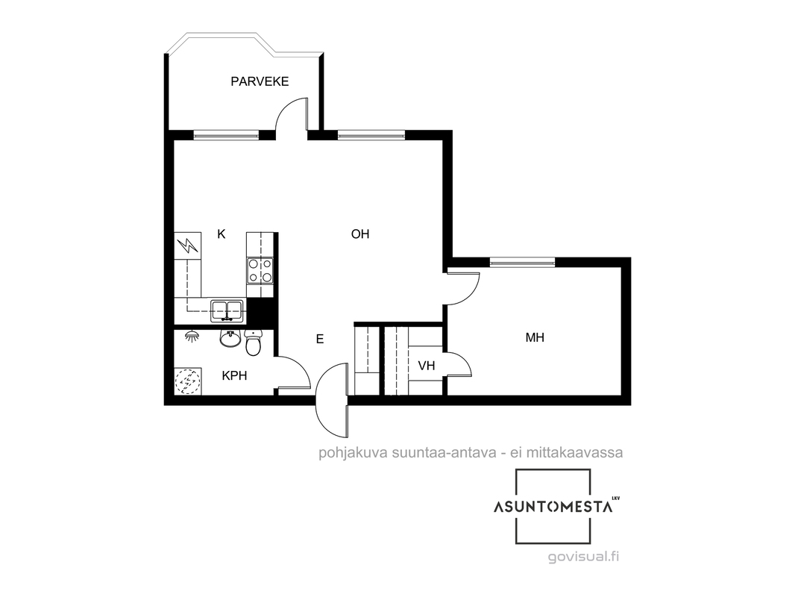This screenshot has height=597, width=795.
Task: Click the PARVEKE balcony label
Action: (x=260, y=81)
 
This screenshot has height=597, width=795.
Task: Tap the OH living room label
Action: (x=360, y=234)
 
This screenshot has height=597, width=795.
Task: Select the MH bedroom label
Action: (x=535, y=337)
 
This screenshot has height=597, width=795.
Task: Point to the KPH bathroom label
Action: (x=234, y=376)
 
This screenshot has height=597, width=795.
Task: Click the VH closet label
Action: (x=427, y=365)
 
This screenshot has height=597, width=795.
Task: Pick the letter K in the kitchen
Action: (x=221, y=234)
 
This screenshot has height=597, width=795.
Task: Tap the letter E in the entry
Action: (x=320, y=340)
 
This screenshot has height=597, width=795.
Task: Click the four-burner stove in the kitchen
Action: (x=260, y=270)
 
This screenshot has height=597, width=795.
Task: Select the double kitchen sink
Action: (x=227, y=310)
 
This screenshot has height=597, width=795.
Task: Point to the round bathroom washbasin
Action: (x=230, y=338)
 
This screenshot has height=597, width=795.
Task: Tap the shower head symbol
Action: (x=191, y=337)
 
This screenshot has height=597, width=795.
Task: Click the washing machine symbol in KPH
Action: (x=188, y=381)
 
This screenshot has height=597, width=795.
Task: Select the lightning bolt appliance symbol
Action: (x=188, y=246)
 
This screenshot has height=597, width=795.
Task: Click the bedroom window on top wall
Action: (x=522, y=262)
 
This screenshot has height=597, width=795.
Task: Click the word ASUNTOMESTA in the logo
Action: (x=553, y=507)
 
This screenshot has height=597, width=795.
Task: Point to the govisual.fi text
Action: (x=584, y=557)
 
